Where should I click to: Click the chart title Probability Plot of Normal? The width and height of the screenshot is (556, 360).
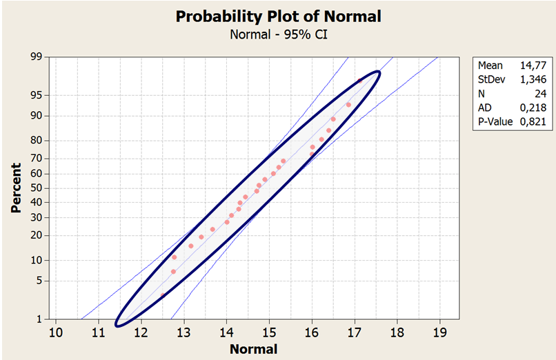point(279,16)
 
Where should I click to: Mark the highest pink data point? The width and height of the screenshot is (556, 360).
point(359,81)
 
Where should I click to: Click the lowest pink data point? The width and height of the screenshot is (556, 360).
point(163,295)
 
